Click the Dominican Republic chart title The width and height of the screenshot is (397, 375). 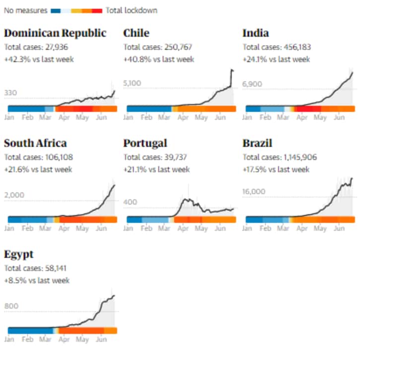coord(55,33)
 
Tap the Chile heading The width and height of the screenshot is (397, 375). coord(136,33)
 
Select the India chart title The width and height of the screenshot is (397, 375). coord(256,33)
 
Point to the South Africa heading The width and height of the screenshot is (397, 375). coord(35,143)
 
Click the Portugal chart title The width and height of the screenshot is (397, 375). coord(145,143)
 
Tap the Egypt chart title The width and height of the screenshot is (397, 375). coord(19,254)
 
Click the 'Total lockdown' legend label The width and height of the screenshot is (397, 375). coord(132,10)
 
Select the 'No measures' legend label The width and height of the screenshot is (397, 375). coord(25,10)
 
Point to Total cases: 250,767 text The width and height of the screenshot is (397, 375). coord(157,47)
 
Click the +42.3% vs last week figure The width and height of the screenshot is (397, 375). coord(39,60)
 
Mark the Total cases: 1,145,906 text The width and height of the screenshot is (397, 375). coord(280,157)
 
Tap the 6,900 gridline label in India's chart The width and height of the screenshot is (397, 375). coord(252,84)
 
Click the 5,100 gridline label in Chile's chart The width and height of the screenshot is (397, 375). coord(132,83)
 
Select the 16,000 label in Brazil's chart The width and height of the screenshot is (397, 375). coord(254,191)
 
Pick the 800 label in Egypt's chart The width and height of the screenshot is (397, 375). coord(11,306)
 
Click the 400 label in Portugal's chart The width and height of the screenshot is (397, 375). coord(130,202)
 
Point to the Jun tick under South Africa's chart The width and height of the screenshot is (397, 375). coord(101,229)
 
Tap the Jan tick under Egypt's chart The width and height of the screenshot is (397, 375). coord(9,340)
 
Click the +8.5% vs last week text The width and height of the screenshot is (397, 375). coord(37,280)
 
